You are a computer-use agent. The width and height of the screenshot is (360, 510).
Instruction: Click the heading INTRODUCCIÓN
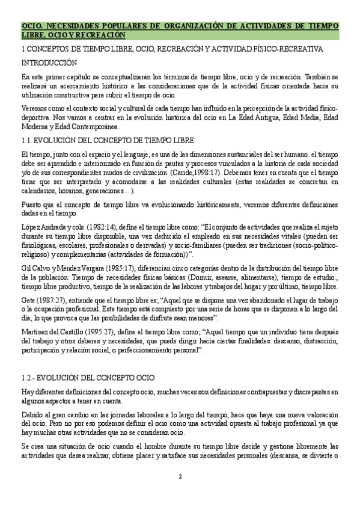[x=49, y=62]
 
